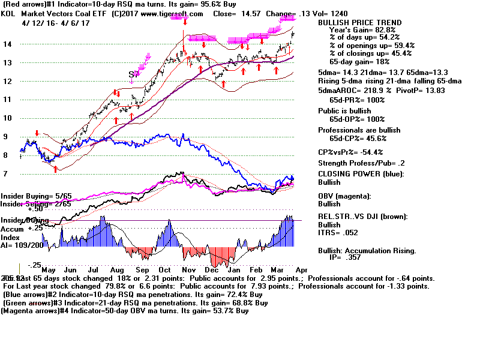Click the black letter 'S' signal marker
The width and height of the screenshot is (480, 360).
coord(131,74)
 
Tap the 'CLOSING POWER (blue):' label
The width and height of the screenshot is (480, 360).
coord(361,174)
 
